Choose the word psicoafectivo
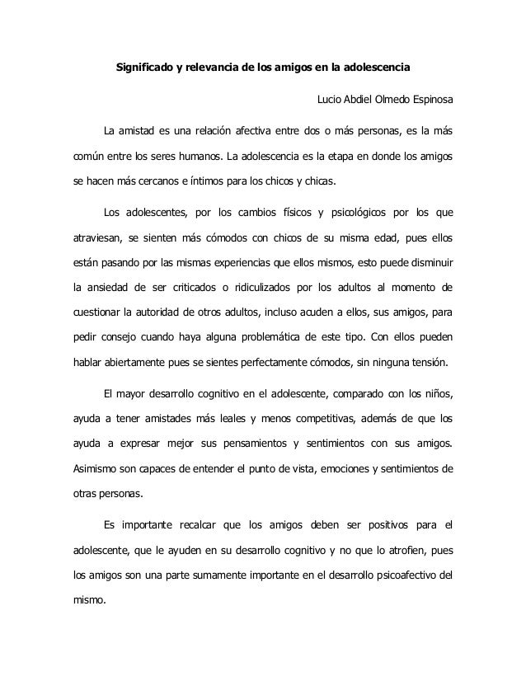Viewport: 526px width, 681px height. [397, 575]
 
